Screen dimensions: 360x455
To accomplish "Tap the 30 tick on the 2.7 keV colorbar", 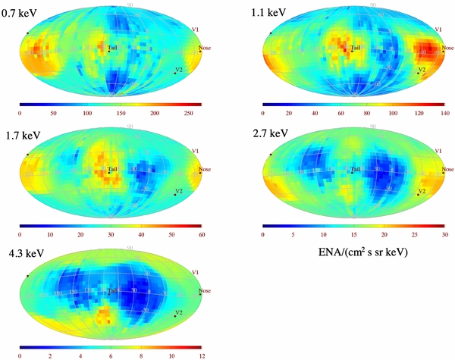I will click(444, 236).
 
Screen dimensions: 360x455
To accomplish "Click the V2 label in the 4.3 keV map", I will click(180, 312).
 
